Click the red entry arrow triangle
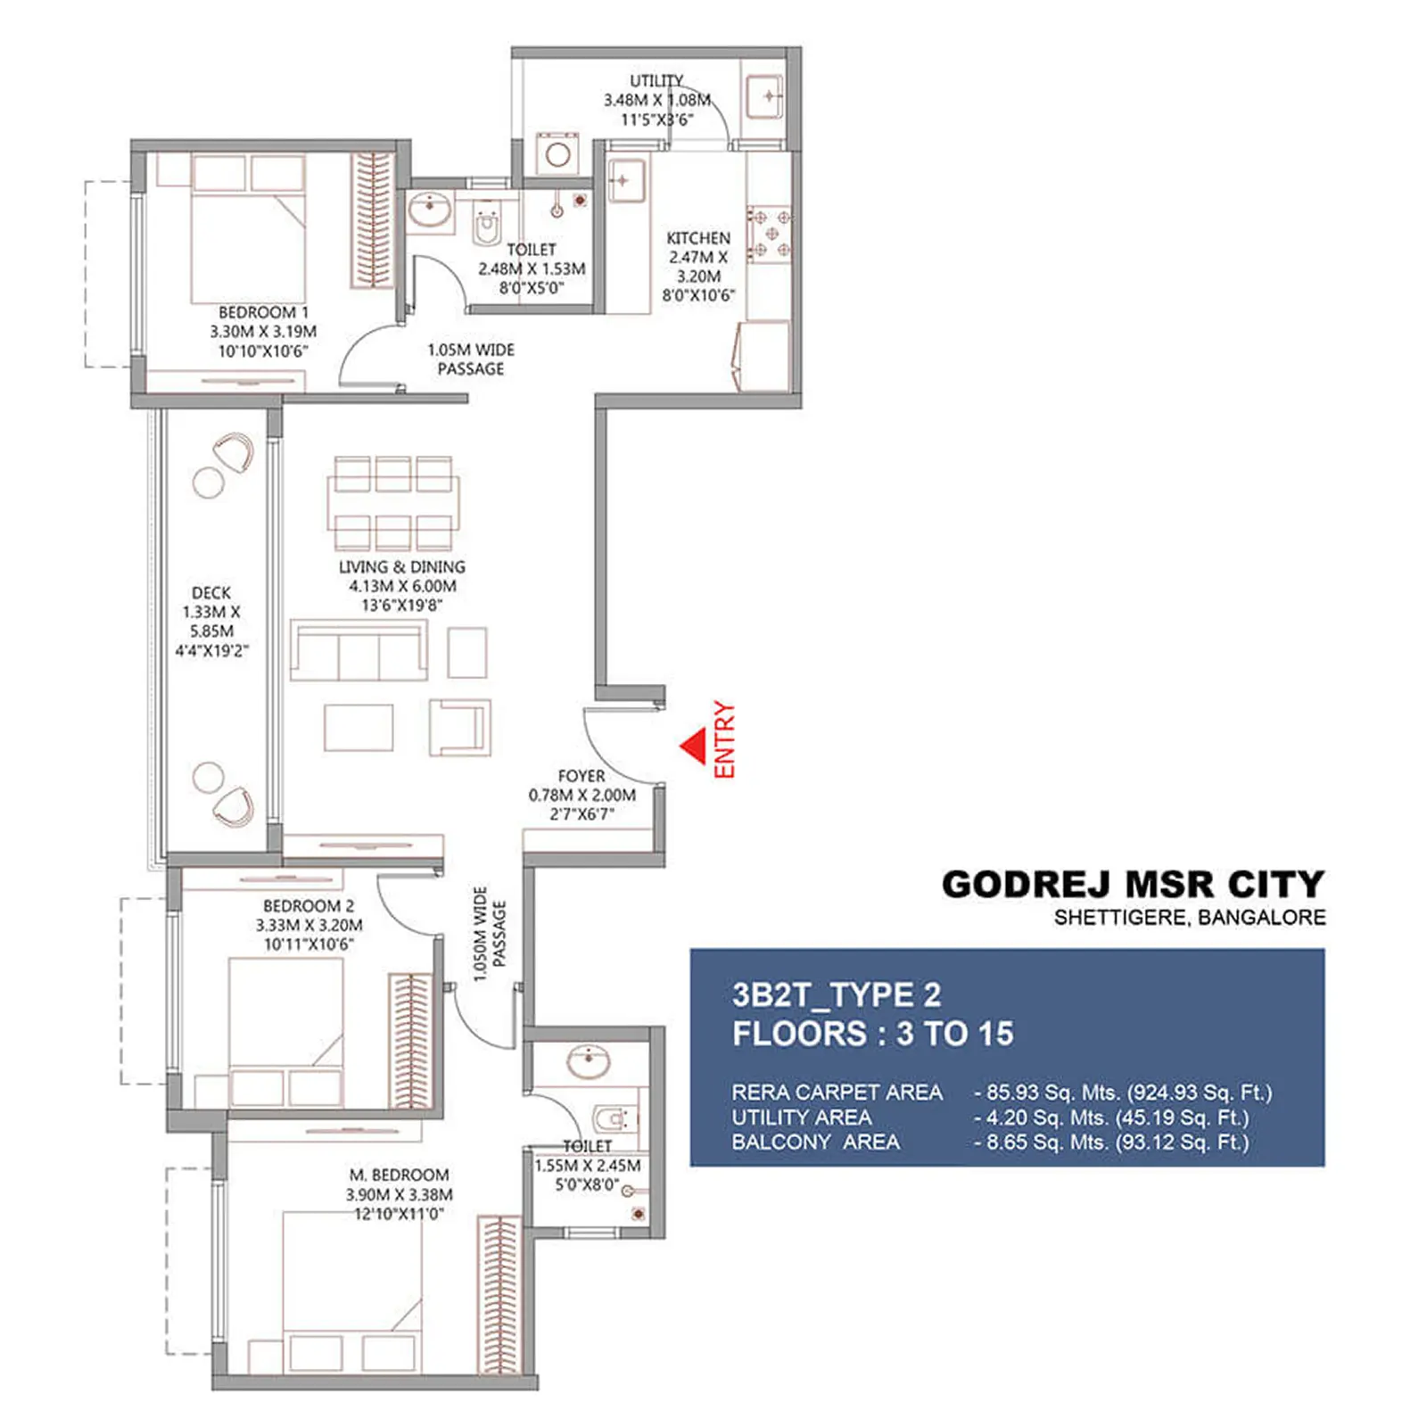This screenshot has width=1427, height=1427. pyautogui.click(x=695, y=746)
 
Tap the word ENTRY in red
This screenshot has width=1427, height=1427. pyautogui.click(x=725, y=739)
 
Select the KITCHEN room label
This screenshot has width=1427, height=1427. pyautogui.click(x=698, y=238)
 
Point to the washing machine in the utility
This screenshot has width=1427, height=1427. pyautogui.click(x=558, y=154)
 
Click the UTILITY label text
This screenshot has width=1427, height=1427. pyautogui.click(x=656, y=80)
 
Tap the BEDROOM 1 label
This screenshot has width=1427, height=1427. pyautogui.click(x=263, y=312)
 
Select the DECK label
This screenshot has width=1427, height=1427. pyautogui.click(x=211, y=593)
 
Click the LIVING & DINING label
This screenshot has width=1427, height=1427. pyautogui.click(x=401, y=567)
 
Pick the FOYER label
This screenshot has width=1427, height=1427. pyautogui.click(x=581, y=776)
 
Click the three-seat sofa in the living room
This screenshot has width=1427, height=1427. pyautogui.click(x=359, y=652)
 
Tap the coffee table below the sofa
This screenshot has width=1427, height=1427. pyautogui.click(x=359, y=728)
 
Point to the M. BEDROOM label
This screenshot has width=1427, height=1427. pyautogui.click(x=399, y=1175)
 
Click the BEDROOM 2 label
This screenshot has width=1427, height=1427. pyautogui.click(x=308, y=905)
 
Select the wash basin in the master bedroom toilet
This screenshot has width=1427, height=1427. pyautogui.click(x=589, y=1061)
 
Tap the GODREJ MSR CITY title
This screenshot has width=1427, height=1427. pyautogui.click(x=1133, y=885)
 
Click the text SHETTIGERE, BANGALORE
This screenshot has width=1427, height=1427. pyautogui.click(x=1189, y=918)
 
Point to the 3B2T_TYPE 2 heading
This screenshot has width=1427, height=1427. pyautogui.click(x=837, y=994)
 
